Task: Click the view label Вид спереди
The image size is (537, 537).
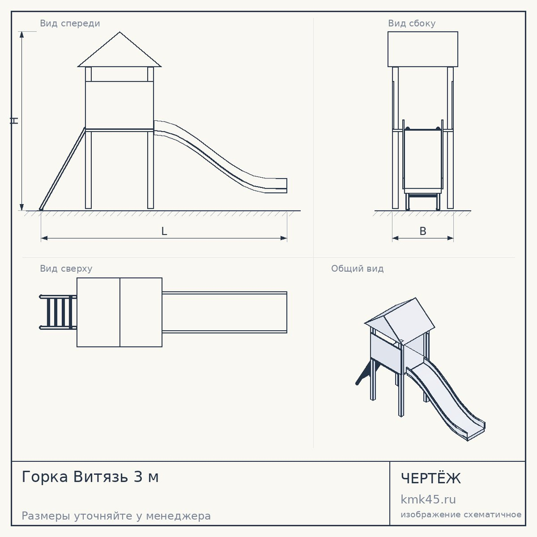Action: [x=70, y=23]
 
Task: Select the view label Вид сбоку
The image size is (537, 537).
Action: [x=412, y=23]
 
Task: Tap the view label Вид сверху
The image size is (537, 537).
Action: [x=66, y=268]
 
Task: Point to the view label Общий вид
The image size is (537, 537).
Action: [x=357, y=268]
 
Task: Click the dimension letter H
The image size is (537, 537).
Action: [x=14, y=120]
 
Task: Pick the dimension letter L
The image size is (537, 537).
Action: [x=164, y=231]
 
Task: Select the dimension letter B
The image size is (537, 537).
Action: [x=423, y=231]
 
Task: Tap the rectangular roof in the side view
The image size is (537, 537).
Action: [x=423, y=49]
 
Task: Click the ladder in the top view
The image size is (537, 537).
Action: [x=58, y=312]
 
